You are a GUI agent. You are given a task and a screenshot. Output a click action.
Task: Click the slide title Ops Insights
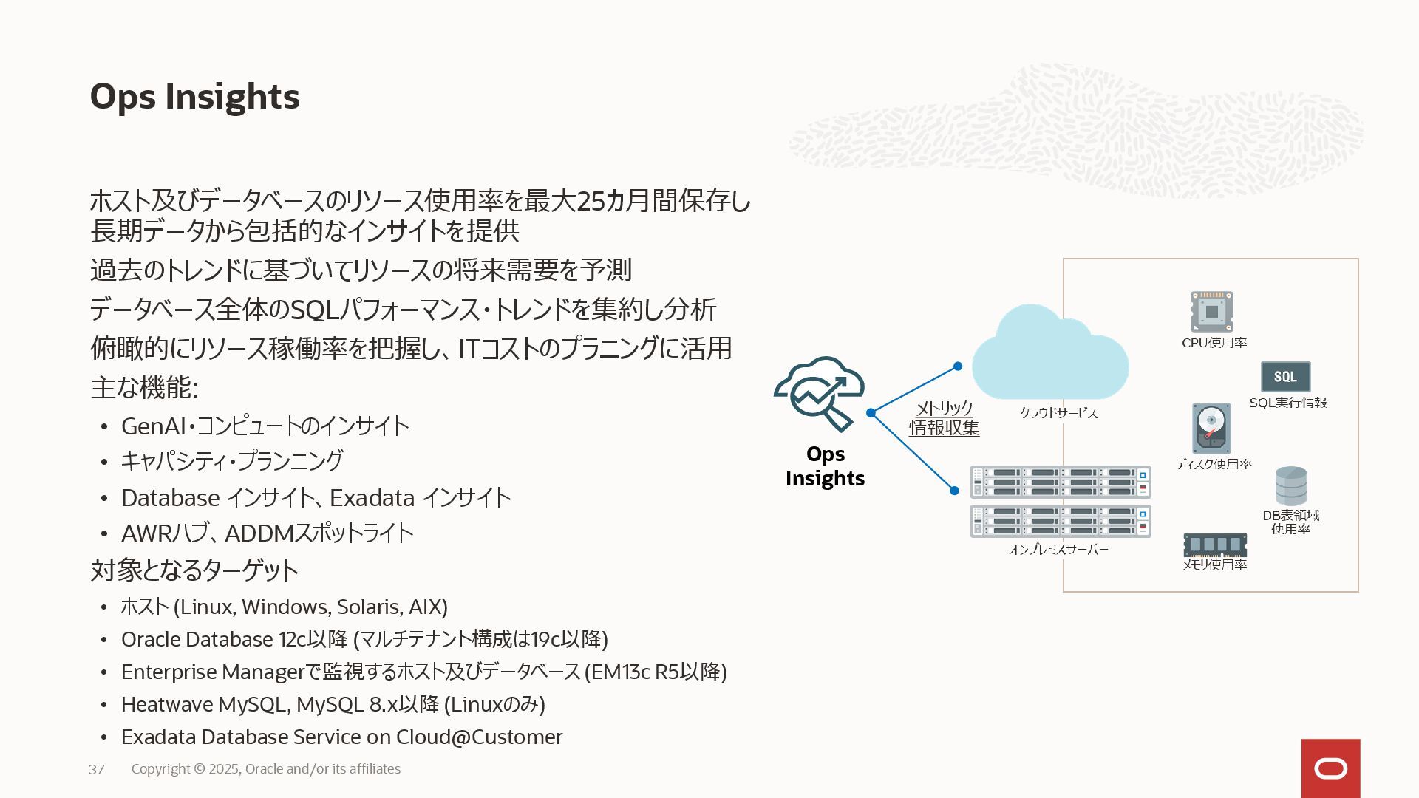[x=194, y=97]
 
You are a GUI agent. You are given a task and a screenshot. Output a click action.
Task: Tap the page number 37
[x=96, y=769]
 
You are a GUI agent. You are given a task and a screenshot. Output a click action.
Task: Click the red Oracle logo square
[x=1330, y=768]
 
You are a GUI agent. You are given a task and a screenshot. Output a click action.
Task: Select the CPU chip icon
[x=1211, y=312]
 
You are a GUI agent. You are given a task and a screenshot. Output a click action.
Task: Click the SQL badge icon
[x=1285, y=377]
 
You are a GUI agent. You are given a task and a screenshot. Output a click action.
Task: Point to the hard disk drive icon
[x=1211, y=429]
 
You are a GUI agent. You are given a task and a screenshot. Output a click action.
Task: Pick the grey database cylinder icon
[x=1290, y=485]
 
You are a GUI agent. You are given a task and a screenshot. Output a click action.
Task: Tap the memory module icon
[x=1214, y=545]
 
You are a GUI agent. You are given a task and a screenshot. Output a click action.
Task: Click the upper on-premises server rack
[x=1060, y=482]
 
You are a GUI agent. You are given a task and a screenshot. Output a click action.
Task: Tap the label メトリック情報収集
[x=944, y=418]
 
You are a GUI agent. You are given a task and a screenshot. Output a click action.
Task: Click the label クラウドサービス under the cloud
[x=1058, y=413]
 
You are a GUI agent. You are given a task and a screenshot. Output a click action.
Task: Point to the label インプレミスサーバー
[x=1058, y=550]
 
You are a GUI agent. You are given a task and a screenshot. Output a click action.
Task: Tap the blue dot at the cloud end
[x=957, y=366]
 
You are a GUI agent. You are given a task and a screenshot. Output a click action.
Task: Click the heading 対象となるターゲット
[x=194, y=570]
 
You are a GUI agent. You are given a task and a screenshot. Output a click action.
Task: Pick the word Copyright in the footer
[x=160, y=769]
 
